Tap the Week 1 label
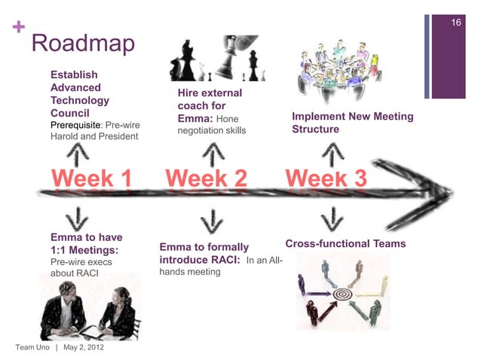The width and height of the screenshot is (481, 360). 91,179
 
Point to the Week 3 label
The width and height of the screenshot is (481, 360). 326,179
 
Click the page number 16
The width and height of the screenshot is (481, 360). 455,24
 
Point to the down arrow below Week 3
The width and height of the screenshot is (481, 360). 329,218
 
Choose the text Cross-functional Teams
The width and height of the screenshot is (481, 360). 345,244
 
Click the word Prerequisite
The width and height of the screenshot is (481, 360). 75,124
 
